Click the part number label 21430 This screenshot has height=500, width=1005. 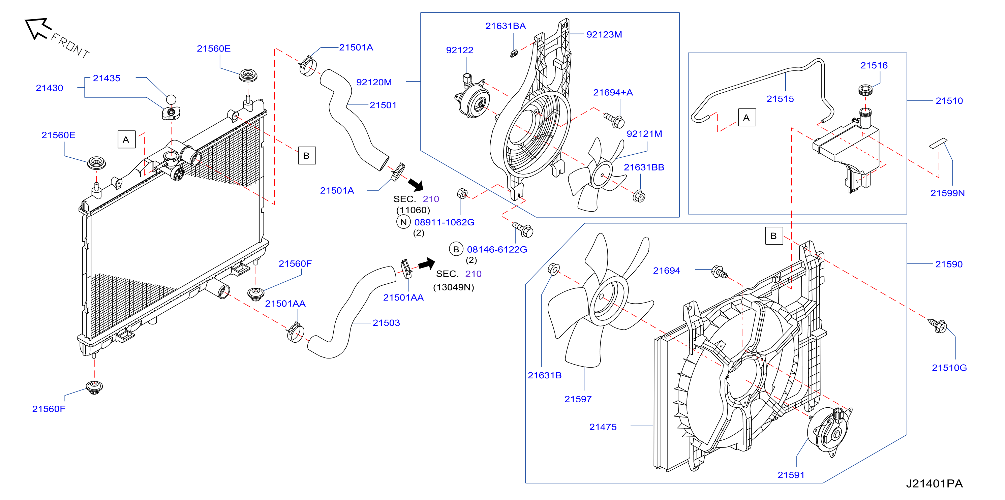(x=49, y=88)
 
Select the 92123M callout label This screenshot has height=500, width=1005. (x=604, y=34)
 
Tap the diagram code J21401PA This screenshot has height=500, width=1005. (x=934, y=483)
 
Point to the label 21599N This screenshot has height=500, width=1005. (x=947, y=193)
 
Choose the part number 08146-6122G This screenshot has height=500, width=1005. (x=497, y=249)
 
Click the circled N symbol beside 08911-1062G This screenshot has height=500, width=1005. (x=403, y=222)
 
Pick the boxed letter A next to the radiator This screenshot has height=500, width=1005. (x=126, y=139)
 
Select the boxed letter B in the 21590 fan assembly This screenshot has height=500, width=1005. (x=774, y=236)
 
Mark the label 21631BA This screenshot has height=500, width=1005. (x=505, y=26)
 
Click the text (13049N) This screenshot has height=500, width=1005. (x=453, y=287)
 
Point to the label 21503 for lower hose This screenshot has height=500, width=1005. (x=386, y=323)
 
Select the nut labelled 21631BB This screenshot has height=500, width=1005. (x=638, y=196)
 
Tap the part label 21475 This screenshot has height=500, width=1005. (x=603, y=427)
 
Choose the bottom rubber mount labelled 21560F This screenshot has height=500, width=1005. (x=94, y=387)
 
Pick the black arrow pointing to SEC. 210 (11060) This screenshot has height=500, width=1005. (x=416, y=185)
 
